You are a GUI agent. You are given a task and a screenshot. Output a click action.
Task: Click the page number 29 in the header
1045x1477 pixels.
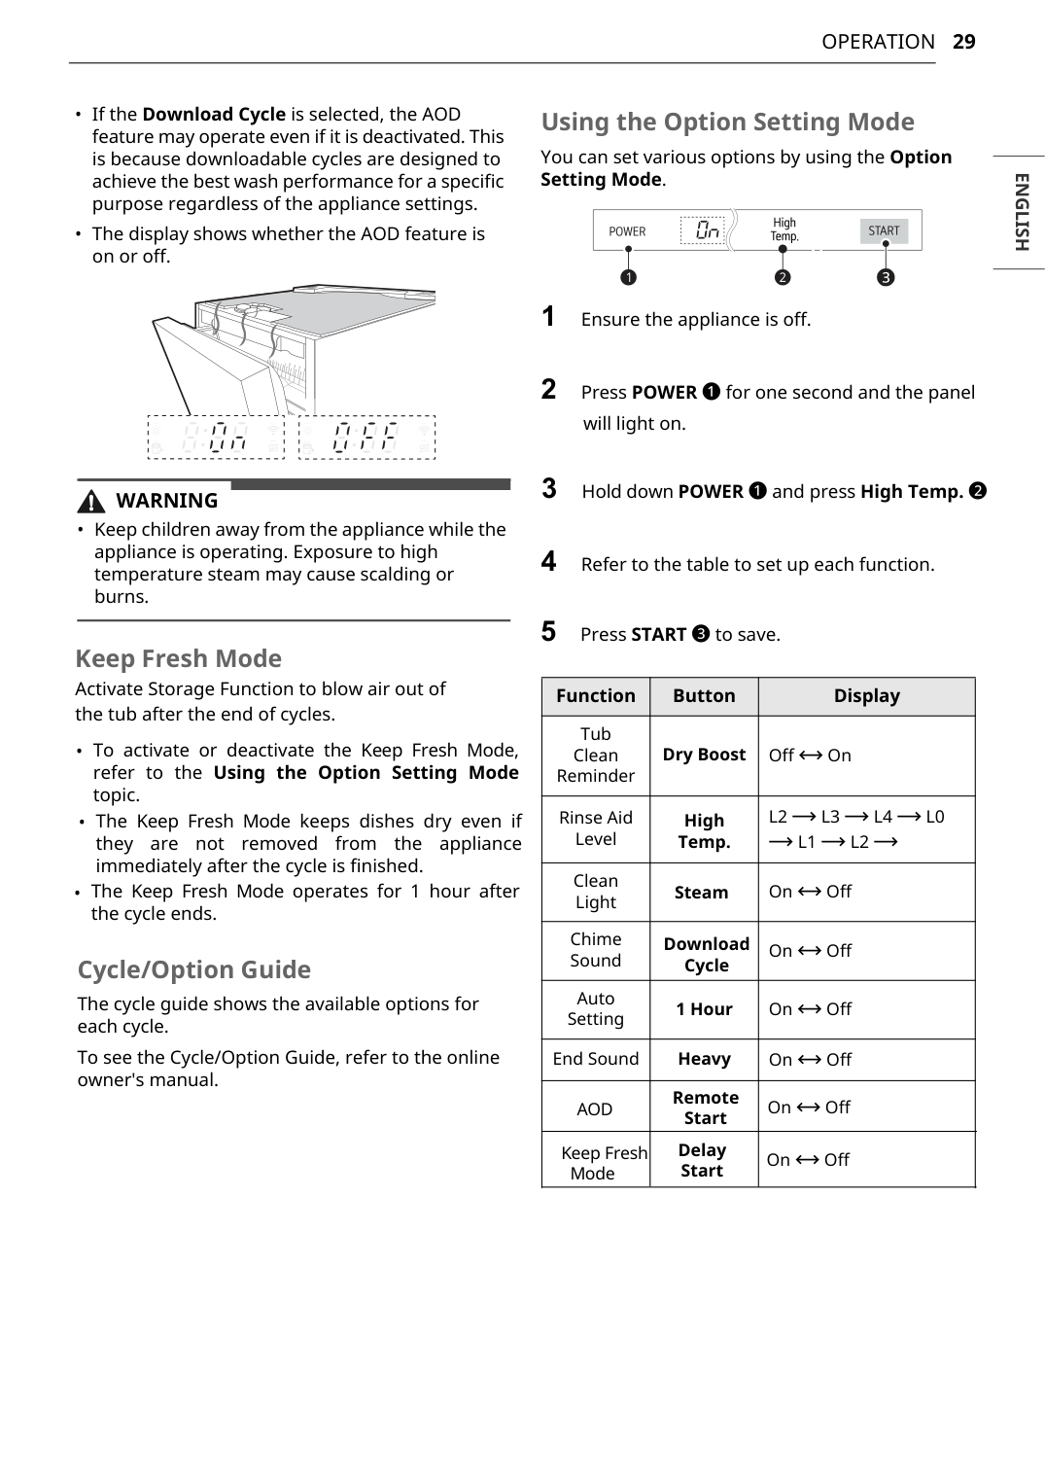[x=963, y=42]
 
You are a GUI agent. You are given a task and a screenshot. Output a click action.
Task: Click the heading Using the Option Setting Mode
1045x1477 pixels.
[x=727, y=123]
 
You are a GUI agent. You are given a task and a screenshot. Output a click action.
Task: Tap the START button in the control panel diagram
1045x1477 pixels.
[x=884, y=231]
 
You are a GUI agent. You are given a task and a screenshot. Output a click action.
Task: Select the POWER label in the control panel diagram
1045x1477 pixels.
[x=627, y=231]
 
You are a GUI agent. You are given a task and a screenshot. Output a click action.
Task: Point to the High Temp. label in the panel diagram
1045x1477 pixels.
[x=784, y=229]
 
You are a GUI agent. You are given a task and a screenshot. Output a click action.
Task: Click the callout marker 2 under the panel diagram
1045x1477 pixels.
[x=783, y=278]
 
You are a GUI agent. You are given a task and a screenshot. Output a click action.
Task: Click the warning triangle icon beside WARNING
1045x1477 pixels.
[x=91, y=502]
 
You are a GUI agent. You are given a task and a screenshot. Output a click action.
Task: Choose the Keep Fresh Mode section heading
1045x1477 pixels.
[x=178, y=659]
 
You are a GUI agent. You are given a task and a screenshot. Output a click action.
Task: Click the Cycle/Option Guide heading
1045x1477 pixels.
[x=193, y=970]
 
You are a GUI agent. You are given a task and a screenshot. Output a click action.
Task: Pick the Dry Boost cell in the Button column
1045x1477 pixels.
[x=704, y=755]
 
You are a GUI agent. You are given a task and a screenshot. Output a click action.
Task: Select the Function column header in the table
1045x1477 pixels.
[x=595, y=696]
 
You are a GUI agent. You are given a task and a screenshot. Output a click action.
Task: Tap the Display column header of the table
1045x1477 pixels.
[x=866, y=696]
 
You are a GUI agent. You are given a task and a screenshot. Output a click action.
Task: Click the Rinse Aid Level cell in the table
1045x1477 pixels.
[x=595, y=828]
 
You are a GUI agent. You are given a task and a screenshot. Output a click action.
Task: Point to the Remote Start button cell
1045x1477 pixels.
[x=705, y=1108]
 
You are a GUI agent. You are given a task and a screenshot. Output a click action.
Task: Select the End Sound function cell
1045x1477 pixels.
[x=595, y=1059]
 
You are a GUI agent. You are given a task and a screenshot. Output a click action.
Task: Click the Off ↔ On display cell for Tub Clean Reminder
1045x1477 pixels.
[x=810, y=756]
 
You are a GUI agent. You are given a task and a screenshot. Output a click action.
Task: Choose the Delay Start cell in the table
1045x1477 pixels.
[x=702, y=1160]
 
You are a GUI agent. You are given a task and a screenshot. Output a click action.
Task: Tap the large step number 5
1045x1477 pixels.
[x=549, y=632]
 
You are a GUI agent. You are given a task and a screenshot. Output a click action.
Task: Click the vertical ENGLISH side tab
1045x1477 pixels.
[x=1021, y=212]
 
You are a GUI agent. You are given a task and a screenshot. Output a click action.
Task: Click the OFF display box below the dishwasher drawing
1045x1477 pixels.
[x=366, y=438]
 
